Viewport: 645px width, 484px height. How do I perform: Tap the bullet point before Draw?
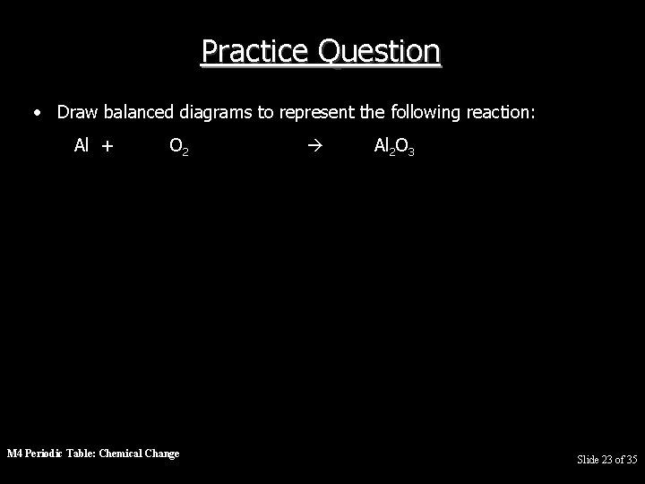coord(37,113)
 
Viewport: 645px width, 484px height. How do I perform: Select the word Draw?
coord(77,112)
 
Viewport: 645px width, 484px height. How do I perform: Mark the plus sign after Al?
coord(107,145)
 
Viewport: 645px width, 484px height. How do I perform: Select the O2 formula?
coord(178,145)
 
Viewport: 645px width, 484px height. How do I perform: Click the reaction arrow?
coord(310,145)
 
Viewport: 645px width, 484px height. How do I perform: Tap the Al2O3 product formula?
coord(393,145)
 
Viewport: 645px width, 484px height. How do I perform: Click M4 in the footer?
coord(15,454)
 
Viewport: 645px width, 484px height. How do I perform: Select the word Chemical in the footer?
coord(125,454)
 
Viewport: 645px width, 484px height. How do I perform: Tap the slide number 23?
coord(607,460)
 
